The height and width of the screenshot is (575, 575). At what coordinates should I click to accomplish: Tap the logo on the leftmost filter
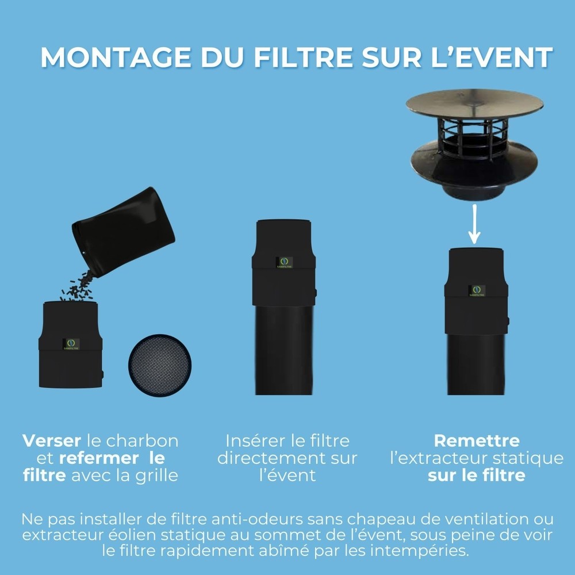coord(71,344)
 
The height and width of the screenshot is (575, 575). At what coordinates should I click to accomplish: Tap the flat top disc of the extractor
coord(474,103)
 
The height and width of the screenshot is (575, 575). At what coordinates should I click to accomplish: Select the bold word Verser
coord(52,441)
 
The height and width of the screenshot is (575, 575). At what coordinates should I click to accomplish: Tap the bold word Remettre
coord(476,441)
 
